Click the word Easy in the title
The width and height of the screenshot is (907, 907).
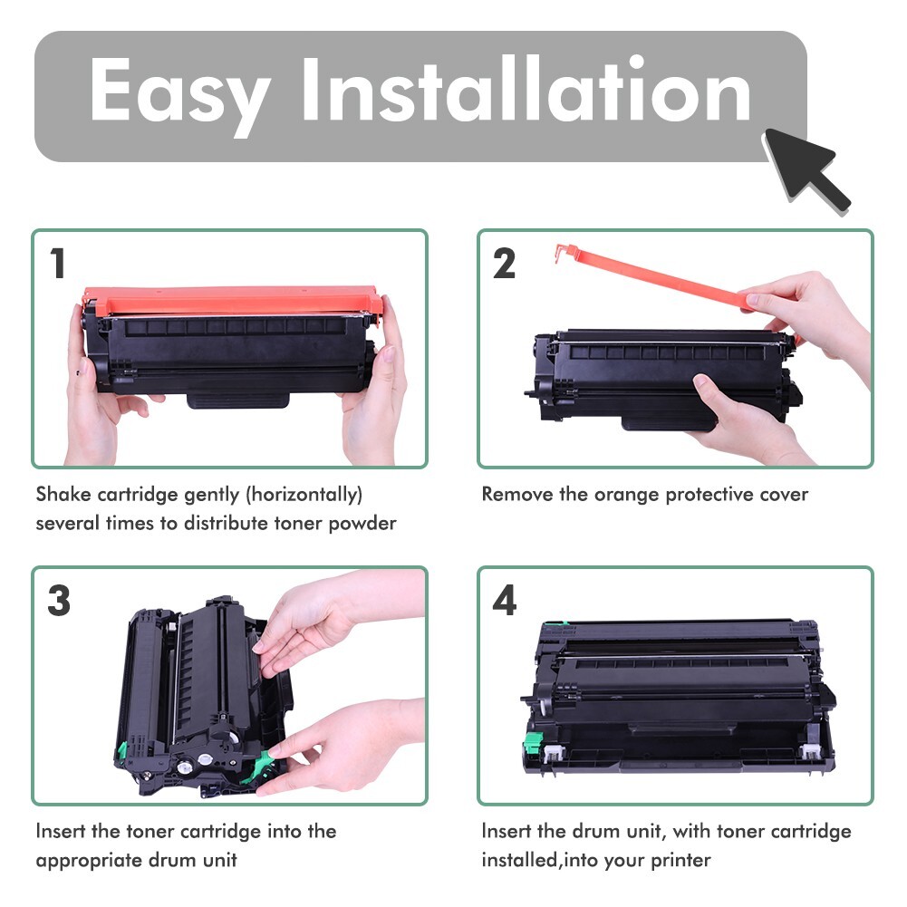pos(179,93)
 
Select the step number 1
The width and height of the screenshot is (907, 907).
pos(58,264)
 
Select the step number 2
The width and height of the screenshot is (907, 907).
pos(505,264)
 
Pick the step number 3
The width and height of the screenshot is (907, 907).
pos(58,602)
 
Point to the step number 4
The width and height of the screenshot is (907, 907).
pos(505,602)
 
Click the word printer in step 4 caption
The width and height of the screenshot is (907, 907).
pos(680,860)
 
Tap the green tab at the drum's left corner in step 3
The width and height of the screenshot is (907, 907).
pos(122,750)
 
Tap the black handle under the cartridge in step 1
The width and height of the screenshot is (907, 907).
pos(238,400)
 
